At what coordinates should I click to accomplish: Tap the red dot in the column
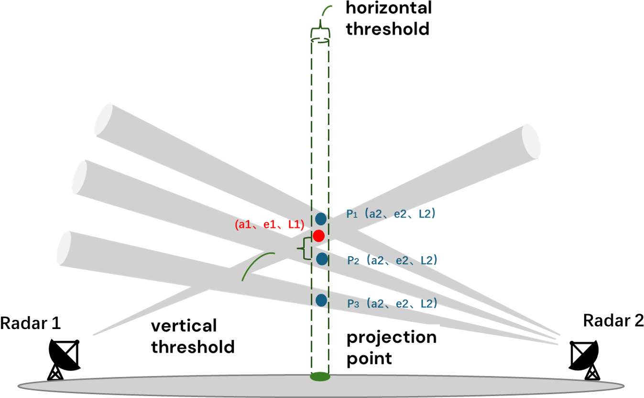coord(319,236)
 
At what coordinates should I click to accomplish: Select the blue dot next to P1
coord(321,219)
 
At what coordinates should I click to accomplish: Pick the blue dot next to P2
coord(322,259)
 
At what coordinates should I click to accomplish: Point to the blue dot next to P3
coord(321,300)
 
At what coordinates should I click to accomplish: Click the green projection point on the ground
coord(320,376)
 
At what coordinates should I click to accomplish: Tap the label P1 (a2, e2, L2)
coord(391,215)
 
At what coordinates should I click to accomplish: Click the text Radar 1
coord(31,323)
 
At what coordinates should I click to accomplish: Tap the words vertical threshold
coord(193,336)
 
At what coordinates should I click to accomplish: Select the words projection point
coord(391,347)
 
